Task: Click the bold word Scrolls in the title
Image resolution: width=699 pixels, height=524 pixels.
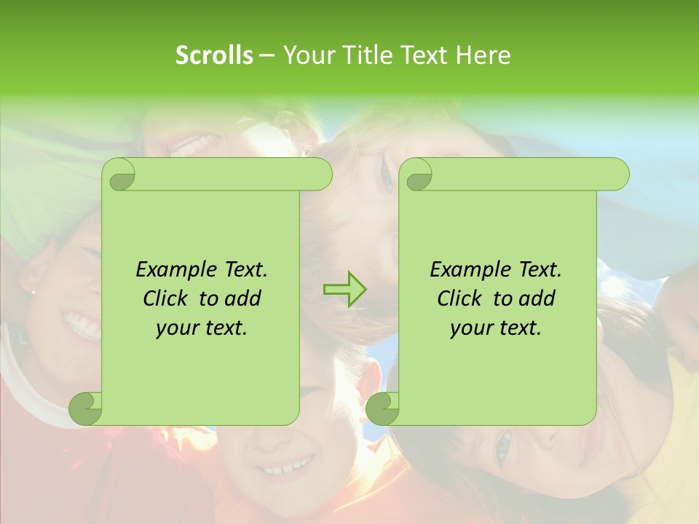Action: (x=214, y=55)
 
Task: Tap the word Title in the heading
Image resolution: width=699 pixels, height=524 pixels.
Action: (x=365, y=55)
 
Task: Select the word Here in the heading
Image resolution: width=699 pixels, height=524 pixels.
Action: (x=483, y=55)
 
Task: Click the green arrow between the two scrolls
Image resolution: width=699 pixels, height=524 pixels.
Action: (x=344, y=290)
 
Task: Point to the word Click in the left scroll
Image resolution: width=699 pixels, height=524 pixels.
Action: (x=167, y=299)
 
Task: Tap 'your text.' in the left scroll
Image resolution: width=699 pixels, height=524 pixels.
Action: (x=202, y=328)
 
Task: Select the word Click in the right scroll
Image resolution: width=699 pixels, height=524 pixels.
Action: (x=462, y=299)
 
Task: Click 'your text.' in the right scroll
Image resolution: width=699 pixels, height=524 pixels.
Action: (x=496, y=328)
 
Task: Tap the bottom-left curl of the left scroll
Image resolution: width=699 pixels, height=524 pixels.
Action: (x=84, y=409)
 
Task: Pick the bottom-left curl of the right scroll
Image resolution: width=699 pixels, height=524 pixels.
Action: (x=382, y=409)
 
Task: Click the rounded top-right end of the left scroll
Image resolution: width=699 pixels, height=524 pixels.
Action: (x=320, y=175)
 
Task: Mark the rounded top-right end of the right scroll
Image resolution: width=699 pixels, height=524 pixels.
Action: (x=617, y=175)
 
